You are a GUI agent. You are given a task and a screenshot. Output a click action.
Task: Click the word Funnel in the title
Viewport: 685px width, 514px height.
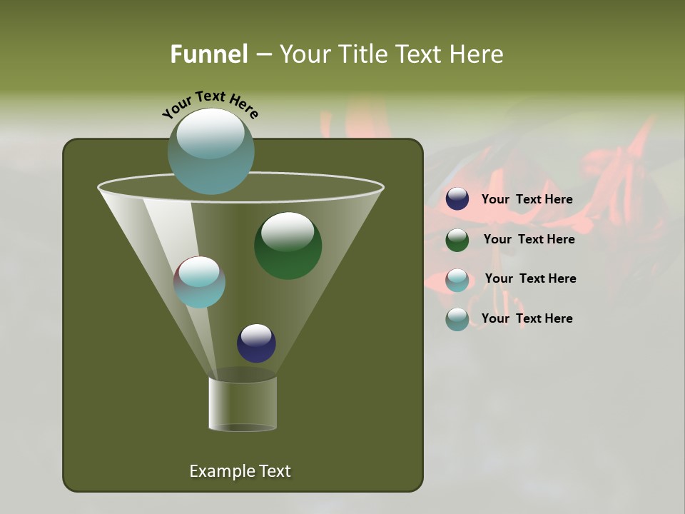click(208, 54)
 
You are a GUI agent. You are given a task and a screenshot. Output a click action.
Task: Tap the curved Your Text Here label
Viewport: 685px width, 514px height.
click(210, 105)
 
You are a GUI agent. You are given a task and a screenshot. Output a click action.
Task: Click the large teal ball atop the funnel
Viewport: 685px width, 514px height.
click(210, 151)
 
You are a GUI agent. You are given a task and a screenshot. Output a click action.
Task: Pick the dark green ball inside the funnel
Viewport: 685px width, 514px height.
click(288, 246)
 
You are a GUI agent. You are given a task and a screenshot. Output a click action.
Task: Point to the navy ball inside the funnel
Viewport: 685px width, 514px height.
click(256, 343)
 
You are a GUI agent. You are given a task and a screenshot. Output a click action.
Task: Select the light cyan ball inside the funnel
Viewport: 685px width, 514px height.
click(200, 282)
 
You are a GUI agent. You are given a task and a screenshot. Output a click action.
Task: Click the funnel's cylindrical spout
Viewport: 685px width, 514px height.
click(243, 403)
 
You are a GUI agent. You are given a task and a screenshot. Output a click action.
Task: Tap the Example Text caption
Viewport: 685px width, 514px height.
click(240, 471)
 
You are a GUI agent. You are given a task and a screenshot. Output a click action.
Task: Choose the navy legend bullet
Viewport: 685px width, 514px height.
click(457, 199)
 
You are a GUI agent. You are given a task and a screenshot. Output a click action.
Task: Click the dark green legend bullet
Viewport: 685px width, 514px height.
click(457, 240)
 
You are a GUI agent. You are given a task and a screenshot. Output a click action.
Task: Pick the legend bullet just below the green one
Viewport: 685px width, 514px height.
click(457, 280)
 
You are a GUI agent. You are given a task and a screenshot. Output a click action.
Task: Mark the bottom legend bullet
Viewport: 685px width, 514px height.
click(457, 319)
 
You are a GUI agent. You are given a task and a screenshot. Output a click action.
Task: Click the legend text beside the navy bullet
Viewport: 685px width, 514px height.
click(527, 199)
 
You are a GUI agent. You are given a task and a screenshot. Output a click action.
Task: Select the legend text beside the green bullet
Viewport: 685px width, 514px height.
click(529, 239)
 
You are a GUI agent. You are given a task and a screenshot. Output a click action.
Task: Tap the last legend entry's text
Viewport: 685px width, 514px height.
click(527, 318)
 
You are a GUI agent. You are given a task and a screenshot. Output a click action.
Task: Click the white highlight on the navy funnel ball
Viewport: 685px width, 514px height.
click(256, 334)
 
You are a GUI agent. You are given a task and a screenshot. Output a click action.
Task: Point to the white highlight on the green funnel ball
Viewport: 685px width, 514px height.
click(288, 230)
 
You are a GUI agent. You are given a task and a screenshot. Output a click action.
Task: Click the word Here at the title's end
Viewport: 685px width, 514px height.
click(478, 54)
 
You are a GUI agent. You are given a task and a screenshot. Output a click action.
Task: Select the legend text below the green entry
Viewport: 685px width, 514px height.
click(530, 278)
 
